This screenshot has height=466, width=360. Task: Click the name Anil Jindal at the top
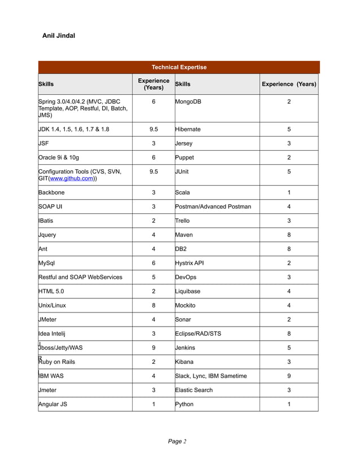tap(59, 36)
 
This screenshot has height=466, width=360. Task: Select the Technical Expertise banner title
tap(178, 68)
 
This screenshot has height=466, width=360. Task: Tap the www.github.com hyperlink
tap(71, 178)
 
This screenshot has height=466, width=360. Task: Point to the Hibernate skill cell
tap(188, 129)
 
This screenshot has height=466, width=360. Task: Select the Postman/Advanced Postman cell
tap(213, 206)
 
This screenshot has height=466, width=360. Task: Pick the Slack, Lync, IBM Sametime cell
tap(211, 376)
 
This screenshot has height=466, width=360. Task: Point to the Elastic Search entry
tap(194, 390)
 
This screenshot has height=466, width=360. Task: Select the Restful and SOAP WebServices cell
tap(80, 277)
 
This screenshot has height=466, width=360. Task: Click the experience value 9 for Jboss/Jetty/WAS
tap(153, 348)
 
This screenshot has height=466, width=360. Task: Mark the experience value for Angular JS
tap(153, 404)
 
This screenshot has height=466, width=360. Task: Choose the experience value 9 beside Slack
tap(289, 376)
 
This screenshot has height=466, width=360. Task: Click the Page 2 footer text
tap(177, 441)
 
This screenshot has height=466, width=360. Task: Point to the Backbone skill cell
tap(51, 192)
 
